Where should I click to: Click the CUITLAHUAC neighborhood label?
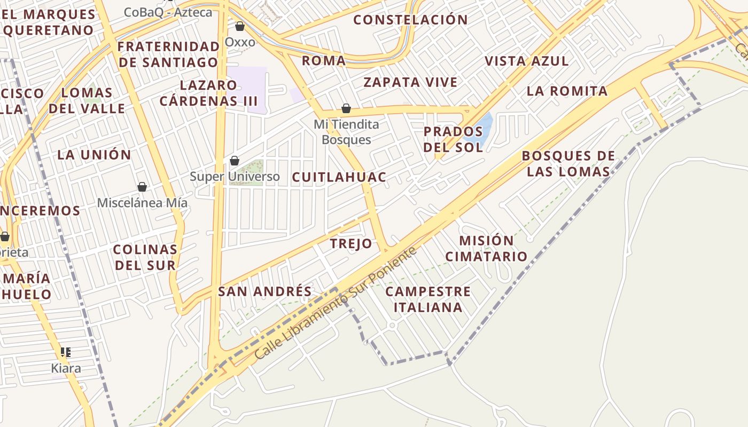(339, 178)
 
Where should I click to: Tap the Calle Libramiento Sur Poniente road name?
(336, 303)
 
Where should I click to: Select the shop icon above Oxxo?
(240, 26)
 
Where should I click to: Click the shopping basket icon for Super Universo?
(234, 160)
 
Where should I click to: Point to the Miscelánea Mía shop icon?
(142, 186)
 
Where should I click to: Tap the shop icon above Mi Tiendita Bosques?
(346, 108)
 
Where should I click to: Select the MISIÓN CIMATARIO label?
(486, 248)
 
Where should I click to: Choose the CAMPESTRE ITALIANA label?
(428, 299)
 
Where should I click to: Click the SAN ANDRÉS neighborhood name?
(265, 291)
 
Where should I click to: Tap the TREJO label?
(351, 244)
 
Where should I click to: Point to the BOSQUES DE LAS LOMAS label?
(568, 164)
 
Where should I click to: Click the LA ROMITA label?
(567, 91)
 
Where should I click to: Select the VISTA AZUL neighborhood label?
(527, 61)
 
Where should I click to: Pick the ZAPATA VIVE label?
(410, 83)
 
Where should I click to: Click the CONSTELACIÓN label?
(410, 20)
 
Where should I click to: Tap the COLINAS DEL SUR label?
(145, 257)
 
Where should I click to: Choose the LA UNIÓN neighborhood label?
(94, 155)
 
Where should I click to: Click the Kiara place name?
(66, 368)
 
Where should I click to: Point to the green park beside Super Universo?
(247, 172)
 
